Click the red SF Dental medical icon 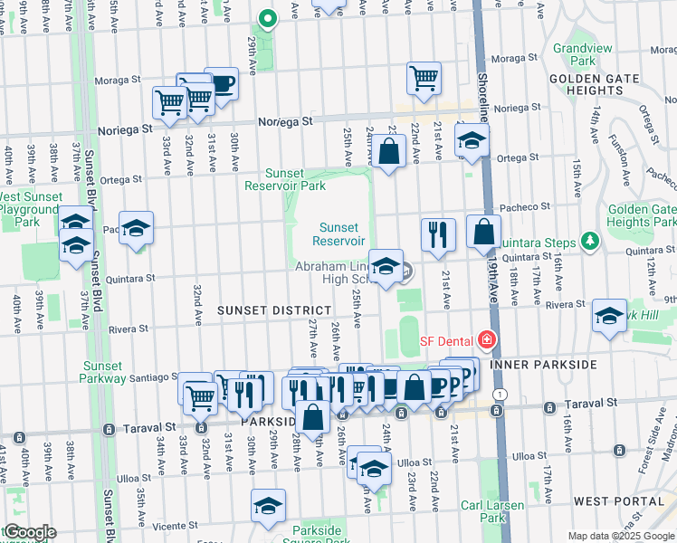487,340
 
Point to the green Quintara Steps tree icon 590,241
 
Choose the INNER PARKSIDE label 543,365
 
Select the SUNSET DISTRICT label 268,310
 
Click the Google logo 29,532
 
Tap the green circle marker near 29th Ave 267,17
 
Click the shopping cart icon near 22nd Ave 424,78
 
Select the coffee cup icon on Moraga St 221,83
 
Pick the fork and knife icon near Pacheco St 438,233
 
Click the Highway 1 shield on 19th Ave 499,395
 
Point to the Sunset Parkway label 103,372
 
